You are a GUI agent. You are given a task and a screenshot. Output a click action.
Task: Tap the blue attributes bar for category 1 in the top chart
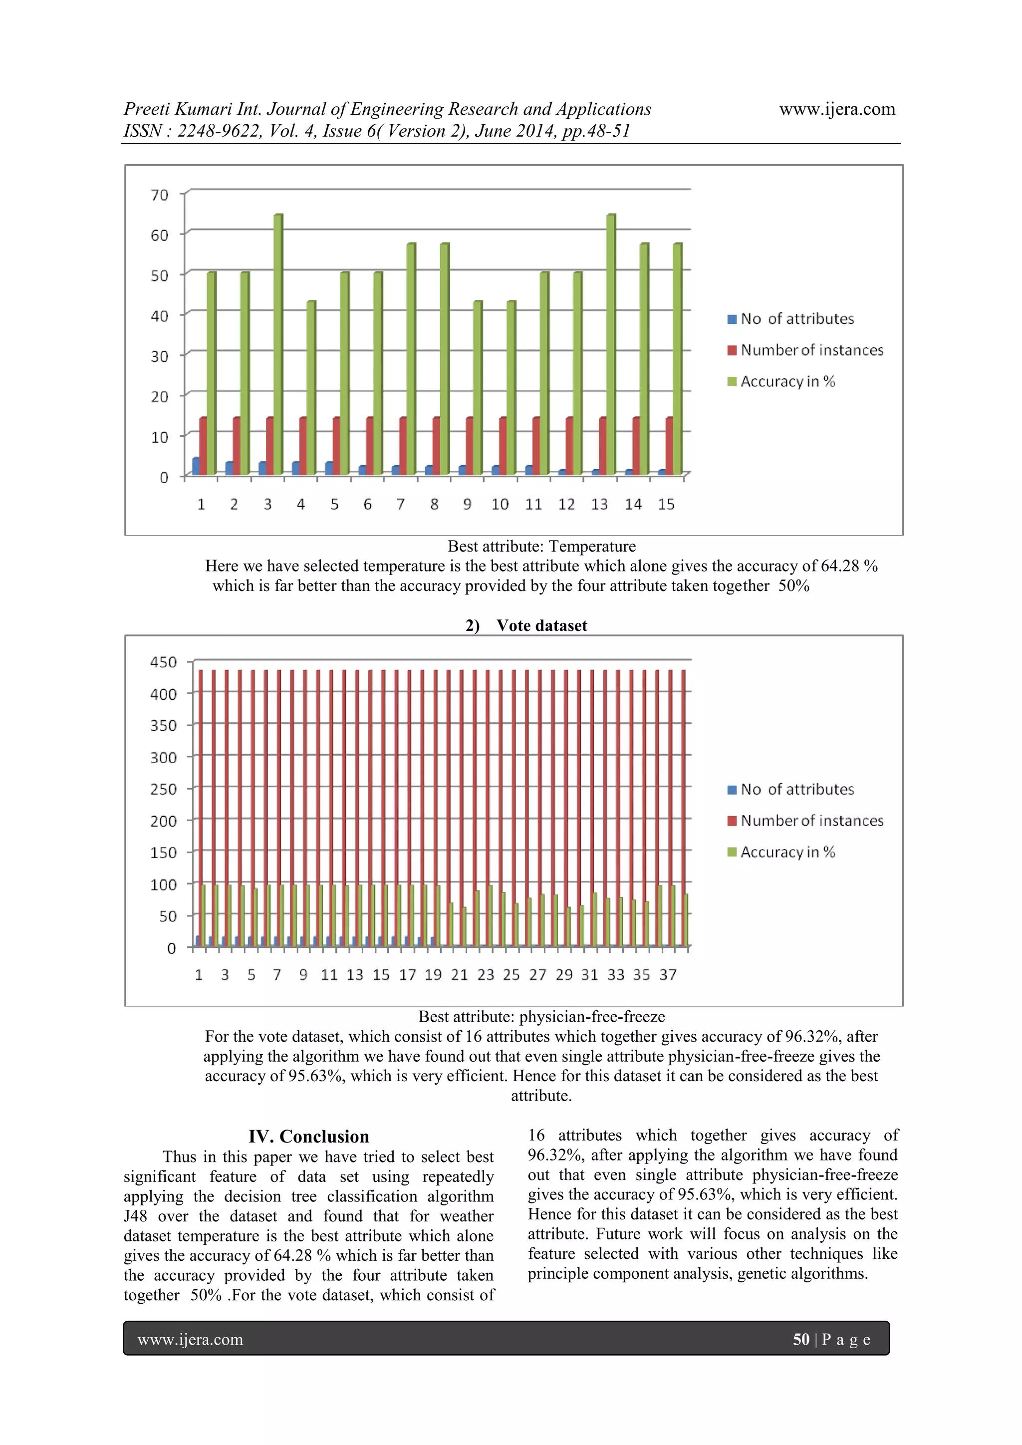[196, 466]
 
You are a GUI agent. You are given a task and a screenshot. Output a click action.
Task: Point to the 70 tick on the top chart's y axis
[160, 195]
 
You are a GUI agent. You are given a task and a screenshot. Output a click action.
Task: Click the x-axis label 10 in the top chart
[500, 505]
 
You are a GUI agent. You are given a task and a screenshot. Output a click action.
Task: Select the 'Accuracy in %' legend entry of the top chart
[787, 381]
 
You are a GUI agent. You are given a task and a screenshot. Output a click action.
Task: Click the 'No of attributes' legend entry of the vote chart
[797, 789]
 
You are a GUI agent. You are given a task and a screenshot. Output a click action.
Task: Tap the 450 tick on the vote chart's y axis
[163, 662]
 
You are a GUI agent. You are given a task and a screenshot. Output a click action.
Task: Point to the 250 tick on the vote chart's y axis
[163, 789]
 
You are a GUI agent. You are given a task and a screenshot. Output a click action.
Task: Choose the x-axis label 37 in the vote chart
[668, 975]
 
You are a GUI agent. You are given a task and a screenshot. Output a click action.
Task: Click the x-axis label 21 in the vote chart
[460, 975]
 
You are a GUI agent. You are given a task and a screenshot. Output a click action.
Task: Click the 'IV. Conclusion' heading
[308, 1137]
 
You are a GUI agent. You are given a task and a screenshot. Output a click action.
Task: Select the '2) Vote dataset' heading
[526, 625]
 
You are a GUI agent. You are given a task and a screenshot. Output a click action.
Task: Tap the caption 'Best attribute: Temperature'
[541, 546]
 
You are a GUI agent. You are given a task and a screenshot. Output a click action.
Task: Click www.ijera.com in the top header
[837, 109]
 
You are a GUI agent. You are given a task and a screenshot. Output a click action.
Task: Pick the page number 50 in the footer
[800, 1339]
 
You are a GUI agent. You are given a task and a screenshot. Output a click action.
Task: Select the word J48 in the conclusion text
[135, 1216]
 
